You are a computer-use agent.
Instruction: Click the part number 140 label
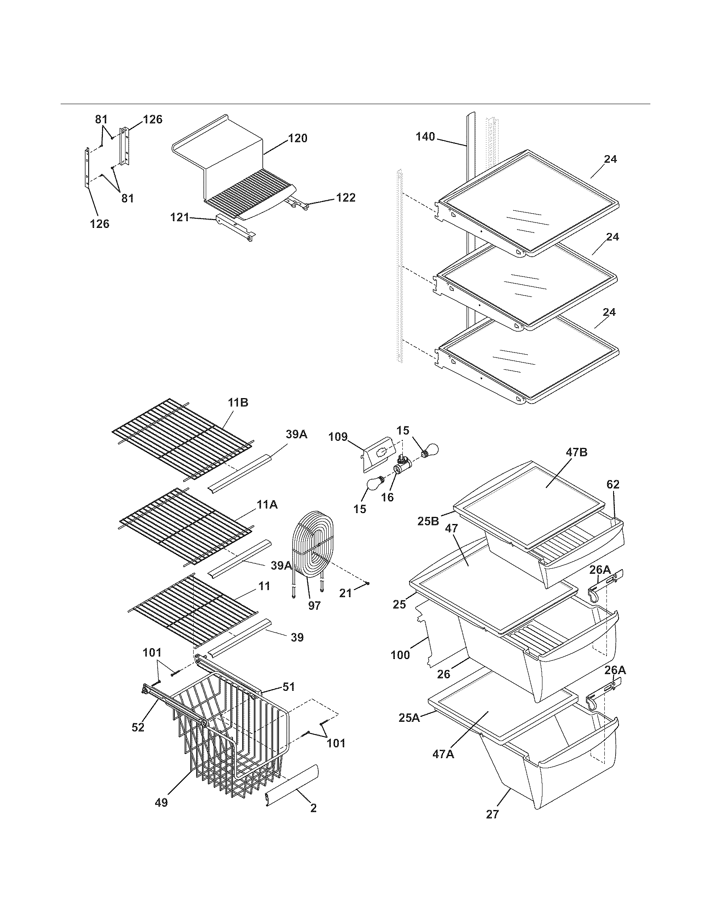coord(425,136)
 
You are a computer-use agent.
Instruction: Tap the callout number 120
coord(298,138)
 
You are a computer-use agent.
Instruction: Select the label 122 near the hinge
coord(345,197)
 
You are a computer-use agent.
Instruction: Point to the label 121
coord(180,217)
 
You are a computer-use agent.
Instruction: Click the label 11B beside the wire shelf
coord(238,402)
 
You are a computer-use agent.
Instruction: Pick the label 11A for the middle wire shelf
coord(268,504)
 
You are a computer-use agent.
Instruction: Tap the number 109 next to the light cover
coord(338,437)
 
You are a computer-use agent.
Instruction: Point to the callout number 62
coord(613,484)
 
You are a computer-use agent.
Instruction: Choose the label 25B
coord(428,521)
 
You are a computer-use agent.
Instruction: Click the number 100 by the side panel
coord(400,655)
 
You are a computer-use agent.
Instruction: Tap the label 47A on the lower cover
coord(443,754)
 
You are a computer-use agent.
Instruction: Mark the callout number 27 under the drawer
coord(492,814)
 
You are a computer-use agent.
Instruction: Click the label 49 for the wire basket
coord(161,802)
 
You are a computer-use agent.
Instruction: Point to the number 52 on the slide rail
coord(138,728)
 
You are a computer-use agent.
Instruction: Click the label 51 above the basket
coord(289,687)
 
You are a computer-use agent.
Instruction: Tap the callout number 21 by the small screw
coord(345,593)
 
